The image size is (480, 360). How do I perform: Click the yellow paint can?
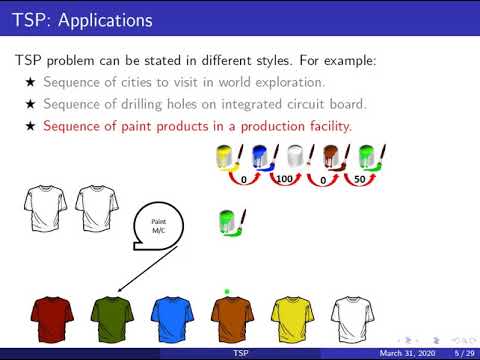click(227, 157)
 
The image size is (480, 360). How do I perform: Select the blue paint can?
click(262, 157)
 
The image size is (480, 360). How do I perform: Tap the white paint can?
click(297, 157)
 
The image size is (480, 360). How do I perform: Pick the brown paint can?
click(332, 157)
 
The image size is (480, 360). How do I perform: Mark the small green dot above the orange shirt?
click(228, 292)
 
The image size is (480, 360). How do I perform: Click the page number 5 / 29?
click(462, 354)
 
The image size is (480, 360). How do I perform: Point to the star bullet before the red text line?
click(30, 126)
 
